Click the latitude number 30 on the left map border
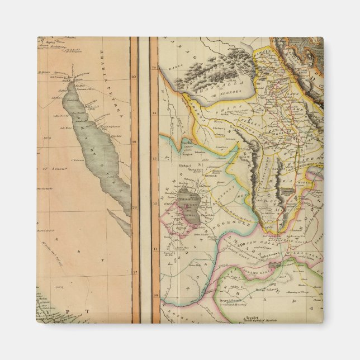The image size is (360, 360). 134,76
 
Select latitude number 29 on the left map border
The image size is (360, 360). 134,141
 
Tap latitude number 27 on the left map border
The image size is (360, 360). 134,272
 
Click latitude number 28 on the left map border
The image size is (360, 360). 134,207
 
